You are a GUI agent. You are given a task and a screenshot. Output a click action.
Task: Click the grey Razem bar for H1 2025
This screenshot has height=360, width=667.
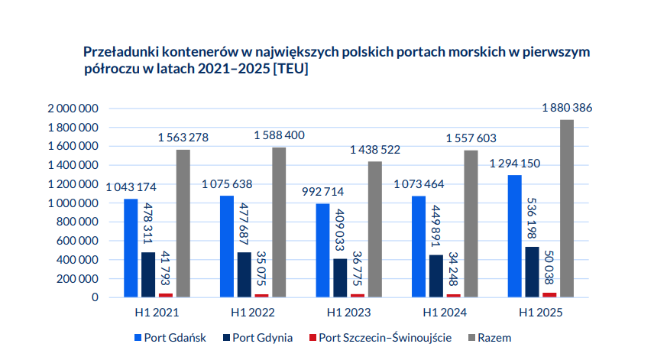567,209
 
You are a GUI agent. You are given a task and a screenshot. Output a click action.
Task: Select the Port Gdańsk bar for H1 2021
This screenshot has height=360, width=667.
131,248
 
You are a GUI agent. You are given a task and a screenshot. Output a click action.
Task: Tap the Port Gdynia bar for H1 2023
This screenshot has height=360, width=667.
340,277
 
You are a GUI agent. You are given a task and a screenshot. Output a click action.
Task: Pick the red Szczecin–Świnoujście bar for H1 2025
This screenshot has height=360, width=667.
549,294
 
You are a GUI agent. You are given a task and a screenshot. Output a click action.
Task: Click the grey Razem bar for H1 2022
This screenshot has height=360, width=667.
279,222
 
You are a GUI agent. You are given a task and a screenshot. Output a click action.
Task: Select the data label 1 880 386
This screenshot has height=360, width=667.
567,108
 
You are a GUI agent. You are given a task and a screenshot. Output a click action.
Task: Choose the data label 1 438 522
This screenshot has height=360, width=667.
374,150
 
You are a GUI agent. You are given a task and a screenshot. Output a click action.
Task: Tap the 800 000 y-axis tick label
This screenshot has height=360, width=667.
77,222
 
